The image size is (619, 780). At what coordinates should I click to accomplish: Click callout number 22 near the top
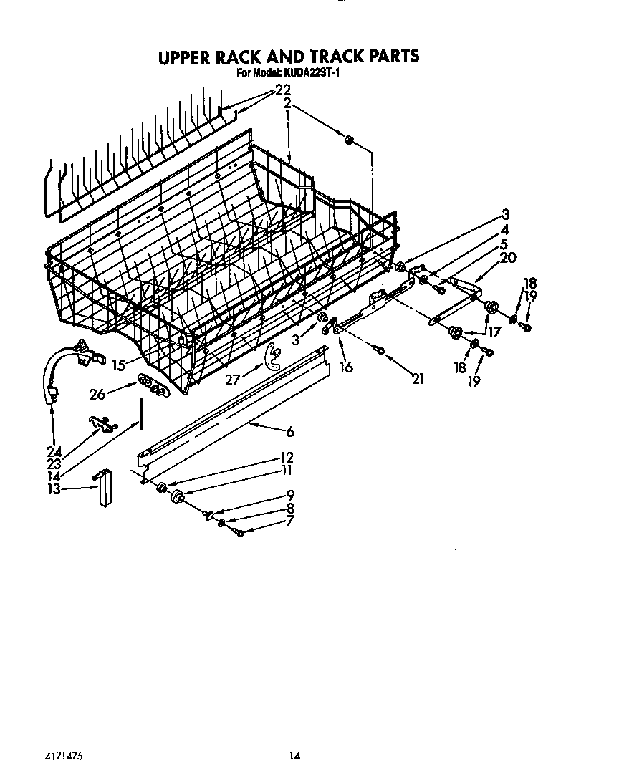(x=283, y=90)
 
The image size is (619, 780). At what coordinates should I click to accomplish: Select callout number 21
(x=418, y=378)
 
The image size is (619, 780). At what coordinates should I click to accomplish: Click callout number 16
(x=346, y=367)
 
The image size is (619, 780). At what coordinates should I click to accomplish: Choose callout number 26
(x=99, y=393)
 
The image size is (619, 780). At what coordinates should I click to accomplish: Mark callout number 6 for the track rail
(x=289, y=431)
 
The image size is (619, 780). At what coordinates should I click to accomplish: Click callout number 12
(x=287, y=457)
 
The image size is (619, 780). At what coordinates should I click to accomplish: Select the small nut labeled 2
(x=350, y=140)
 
